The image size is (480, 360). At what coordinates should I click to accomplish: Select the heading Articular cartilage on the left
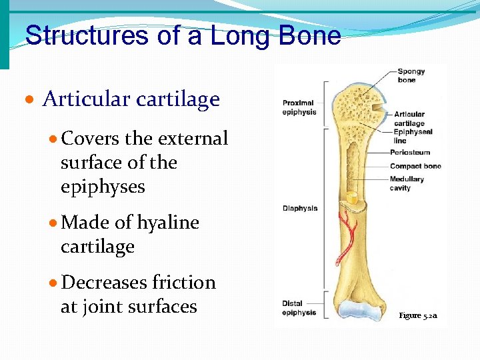(131, 99)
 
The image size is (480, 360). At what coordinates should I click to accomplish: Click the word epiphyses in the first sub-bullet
(103, 187)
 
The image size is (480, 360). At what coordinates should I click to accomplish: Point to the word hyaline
(168, 223)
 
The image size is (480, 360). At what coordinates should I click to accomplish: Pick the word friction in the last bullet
(184, 283)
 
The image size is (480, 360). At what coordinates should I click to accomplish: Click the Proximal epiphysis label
(299, 107)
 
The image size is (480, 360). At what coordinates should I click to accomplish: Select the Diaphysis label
(299, 208)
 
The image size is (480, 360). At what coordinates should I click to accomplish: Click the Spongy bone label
(411, 76)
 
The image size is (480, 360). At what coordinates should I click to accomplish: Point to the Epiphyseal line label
(409, 136)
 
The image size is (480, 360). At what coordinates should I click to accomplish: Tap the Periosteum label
(410, 153)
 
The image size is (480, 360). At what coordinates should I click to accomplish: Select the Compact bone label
(415, 166)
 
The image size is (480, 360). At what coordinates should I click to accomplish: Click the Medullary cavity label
(407, 183)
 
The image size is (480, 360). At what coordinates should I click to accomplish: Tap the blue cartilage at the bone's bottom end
(359, 309)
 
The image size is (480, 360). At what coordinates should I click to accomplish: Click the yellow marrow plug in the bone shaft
(351, 197)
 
